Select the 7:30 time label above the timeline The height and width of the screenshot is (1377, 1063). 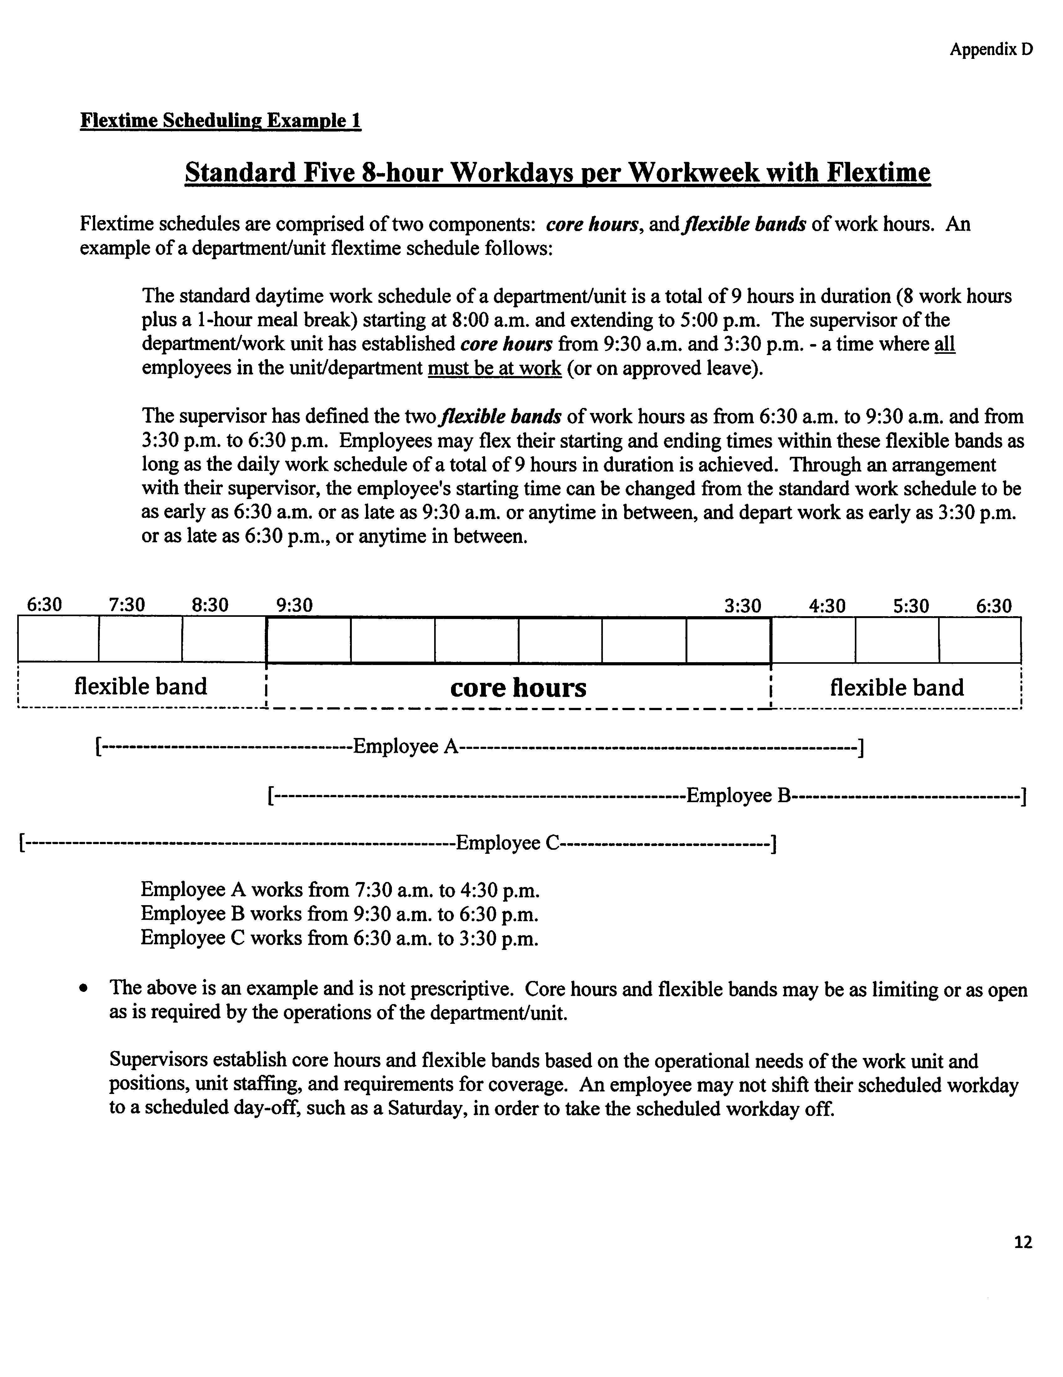(x=127, y=605)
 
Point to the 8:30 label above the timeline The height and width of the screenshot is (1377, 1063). (x=210, y=605)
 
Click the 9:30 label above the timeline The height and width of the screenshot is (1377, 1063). (x=295, y=605)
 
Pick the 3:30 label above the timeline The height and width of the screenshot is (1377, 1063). (x=743, y=606)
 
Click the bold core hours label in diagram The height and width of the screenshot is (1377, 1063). (x=518, y=687)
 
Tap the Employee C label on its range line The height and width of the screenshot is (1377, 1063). (x=507, y=843)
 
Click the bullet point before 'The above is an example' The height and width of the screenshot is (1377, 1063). (x=83, y=990)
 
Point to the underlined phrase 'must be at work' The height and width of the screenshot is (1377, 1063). (x=494, y=368)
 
